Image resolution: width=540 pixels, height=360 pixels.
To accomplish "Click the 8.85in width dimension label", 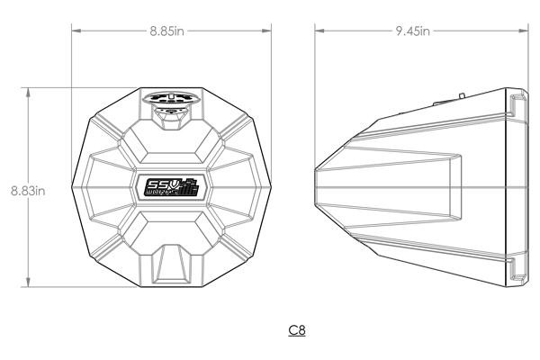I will click(168, 31).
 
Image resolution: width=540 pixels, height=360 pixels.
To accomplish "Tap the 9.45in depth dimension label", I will click(412, 31).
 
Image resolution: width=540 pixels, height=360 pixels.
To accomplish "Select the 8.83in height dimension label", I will click(28, 190).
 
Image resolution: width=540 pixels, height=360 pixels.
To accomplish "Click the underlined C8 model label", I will click(296, 330).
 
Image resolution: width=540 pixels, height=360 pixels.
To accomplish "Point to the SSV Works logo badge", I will click(171, 186).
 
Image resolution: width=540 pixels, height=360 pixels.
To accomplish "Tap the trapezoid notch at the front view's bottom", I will click(171, 262).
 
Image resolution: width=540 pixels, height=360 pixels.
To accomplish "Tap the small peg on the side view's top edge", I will click(460, 91).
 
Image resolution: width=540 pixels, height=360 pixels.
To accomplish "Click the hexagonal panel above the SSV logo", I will click(171, 143).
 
